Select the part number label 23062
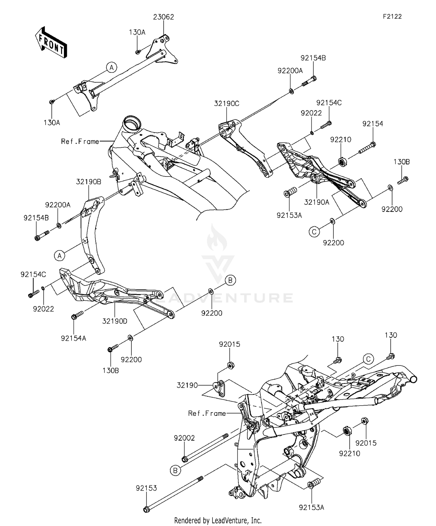[x=164, y=17]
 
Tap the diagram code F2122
[x=392, y=17]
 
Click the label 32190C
[x=227, y=104]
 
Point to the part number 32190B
[x=89, y=182]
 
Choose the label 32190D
[x=115, y=321]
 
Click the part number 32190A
[x=317, y=202]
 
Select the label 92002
[x=184, y=438]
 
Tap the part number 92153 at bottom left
[x=146, y=488]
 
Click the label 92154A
[x=74, y=338]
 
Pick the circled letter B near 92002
[x=175, y=470]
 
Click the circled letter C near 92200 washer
[x=314, y=232]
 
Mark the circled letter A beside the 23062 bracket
[x=111, y=67]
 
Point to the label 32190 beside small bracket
[x=187, y=385]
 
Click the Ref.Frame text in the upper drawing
[x=80, y=142]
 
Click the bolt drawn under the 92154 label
[x=367, y=147]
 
